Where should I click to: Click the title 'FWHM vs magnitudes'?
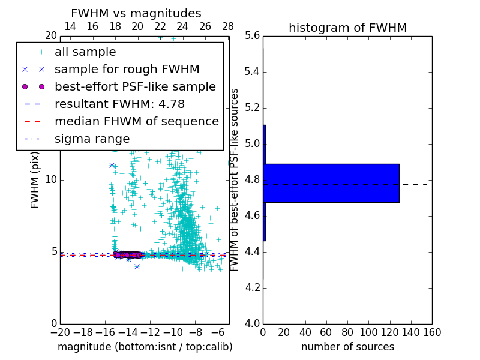pyautogui.click(x=136, y=13)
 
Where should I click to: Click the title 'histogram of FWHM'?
pyautogui.click(x=347, y=28)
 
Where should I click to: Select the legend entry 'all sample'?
pyautogui.click(x=85, y=52)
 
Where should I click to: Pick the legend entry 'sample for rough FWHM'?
pyautogui.click(x=127, y=70)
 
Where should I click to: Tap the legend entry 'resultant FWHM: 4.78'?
pyautogui.click(x=119, y=104)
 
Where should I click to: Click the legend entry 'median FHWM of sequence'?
pyautogui.click(x=136, y=122)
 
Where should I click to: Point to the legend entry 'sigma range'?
pyautogui.click(x=92, y=139)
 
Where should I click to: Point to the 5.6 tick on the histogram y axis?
pyautogui.click(x=252, y=36)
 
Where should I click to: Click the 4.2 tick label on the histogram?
pyautogui.click(x=252, y=288)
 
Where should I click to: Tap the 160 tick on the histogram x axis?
pyautogui.click(x=432, y=332)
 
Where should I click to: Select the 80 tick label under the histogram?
pyautogui.click(x=347, y=332)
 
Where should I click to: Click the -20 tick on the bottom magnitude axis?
pyautogui.click(x=60, y=332)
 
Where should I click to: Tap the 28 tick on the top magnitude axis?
pyautogui.click(x=228, y=27)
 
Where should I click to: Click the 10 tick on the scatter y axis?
pyautogui.click(x=51, y=180)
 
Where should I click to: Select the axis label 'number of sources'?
pyautogui.click(x=347, y=347)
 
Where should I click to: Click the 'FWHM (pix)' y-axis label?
pyautogui.click(x=35, y=179)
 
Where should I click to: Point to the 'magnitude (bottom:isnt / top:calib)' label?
pyautogui.click(x=145, y=347)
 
